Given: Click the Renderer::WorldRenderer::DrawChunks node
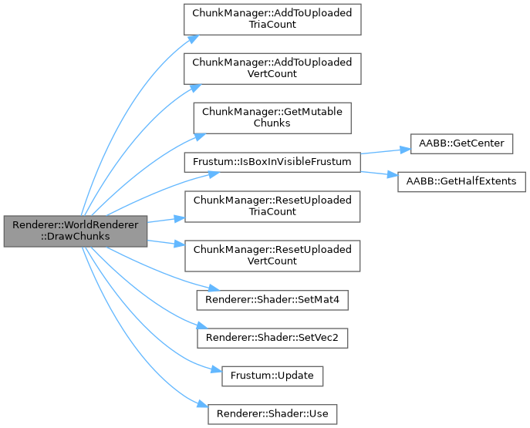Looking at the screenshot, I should (74, 231).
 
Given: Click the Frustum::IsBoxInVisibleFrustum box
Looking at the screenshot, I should (272, 163).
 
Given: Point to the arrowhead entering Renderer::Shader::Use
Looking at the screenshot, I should (203, 406).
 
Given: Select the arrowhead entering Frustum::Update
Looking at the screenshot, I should (204, 371).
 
